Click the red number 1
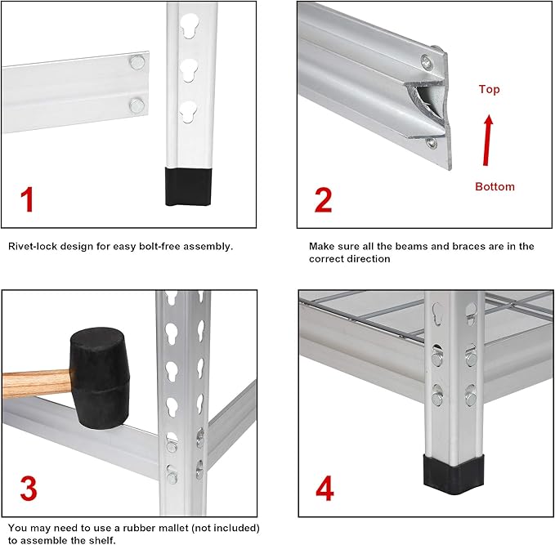click(28, 199)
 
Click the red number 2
click(323, 199)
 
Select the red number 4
click(324, 489)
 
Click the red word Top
click(489, 89)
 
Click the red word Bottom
click(495, 186)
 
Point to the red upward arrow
click(487, 139)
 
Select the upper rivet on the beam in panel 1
click(138, 61)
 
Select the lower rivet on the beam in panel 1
click(137, 104)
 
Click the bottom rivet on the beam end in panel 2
click(431, 144)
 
